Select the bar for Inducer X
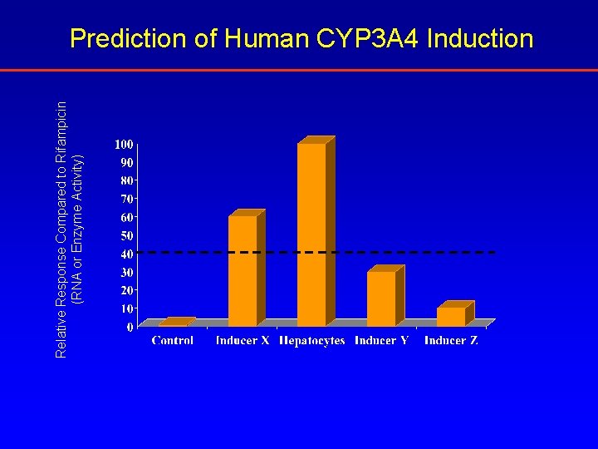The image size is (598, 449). click(243, 271)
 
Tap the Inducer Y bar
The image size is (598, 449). click(381, 299)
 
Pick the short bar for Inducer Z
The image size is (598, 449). click(451, 317)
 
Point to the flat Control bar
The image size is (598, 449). click(176, 323)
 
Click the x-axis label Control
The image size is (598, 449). click(173, 340)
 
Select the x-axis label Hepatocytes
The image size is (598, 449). click(312, 340)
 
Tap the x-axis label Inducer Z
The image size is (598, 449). click(451, 340)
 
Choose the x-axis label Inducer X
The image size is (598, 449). click(243, 340)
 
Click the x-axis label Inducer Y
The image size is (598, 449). click(381, 340)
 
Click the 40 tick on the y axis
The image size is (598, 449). click(127, 254)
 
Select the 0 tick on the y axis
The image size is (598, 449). click(130, 327)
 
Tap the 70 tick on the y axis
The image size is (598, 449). click(127, 200)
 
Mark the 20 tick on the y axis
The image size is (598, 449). click(127, 290)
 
